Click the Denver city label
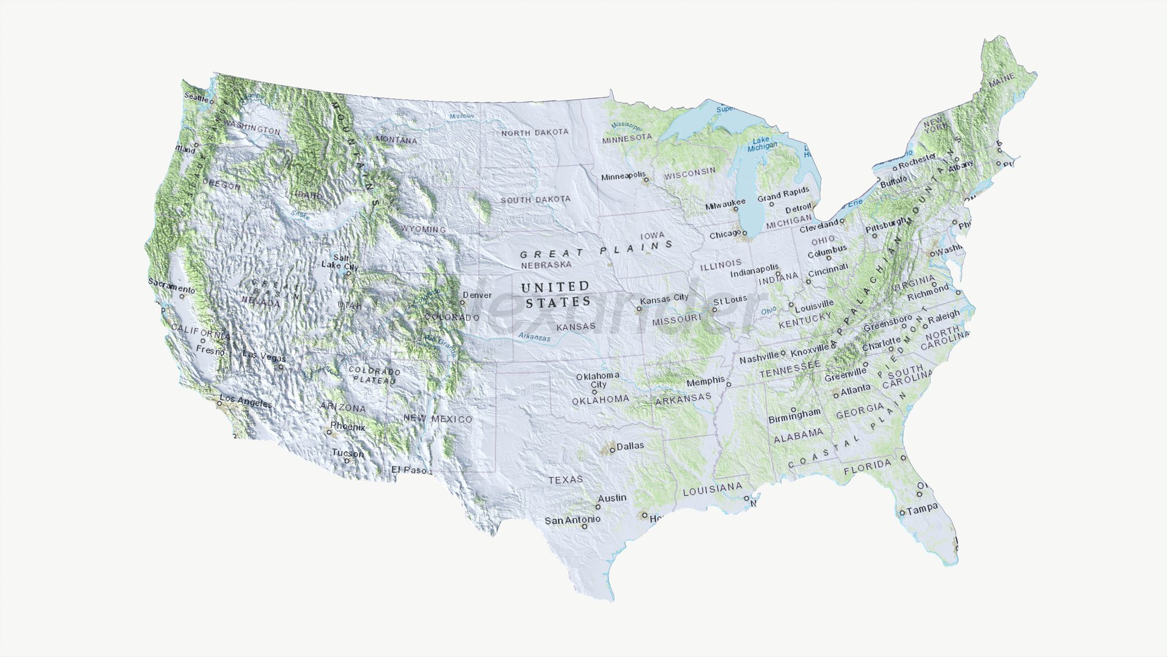(x=477, y=295)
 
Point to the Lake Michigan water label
(x=762, y=144)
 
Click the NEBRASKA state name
(x=546, y=265)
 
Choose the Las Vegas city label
(x=264, y=355)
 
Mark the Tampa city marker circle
(x=902, y=513)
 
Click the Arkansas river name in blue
(x=534, y=337)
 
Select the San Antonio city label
(x=572, y=520)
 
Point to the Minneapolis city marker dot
(x=646, y=180)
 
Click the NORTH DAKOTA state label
(x=535, y=132)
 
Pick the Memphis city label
(x=705, y=381)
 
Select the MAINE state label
(x=1001, y=80)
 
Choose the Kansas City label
(x=664, y=298)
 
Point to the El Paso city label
(x=408, y=470)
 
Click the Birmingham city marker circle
(x=793, y=409)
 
